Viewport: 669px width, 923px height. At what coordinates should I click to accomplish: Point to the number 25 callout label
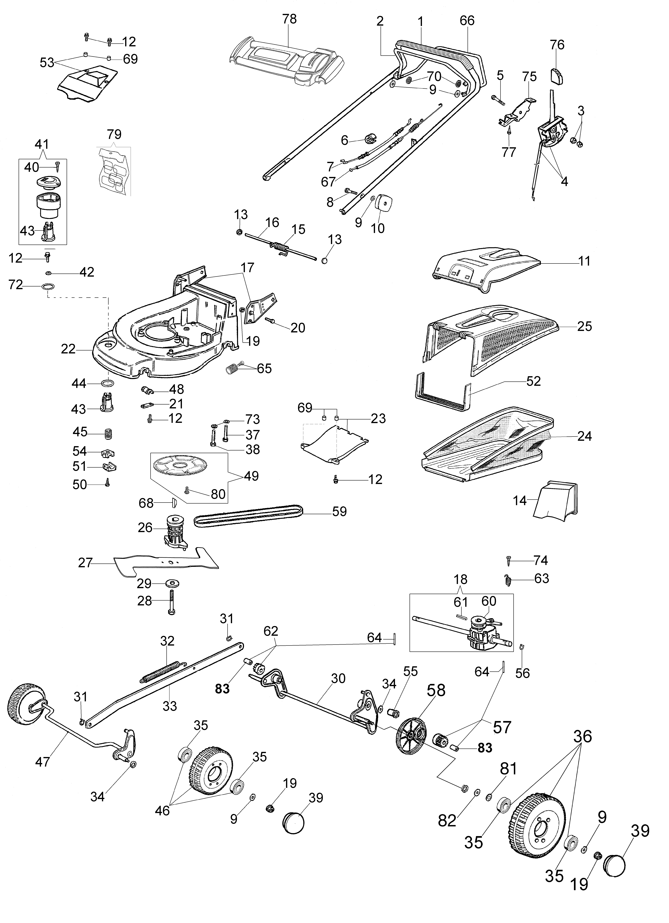click(x=584, y=326)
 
